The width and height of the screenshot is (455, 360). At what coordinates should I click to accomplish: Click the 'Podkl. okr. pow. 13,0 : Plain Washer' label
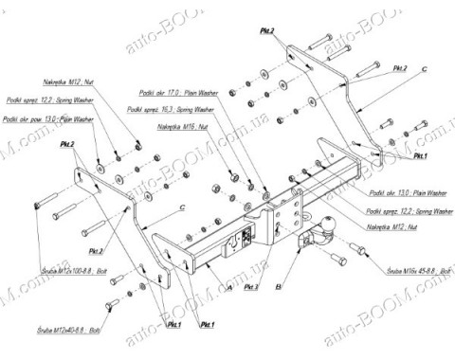coord(48,120)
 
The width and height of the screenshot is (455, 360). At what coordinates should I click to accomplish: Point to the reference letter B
coord(278,285)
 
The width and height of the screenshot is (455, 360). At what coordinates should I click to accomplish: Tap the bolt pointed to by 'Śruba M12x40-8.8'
coord(112,305)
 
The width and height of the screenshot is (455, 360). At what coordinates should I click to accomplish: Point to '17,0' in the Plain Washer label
coord(173,94)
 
